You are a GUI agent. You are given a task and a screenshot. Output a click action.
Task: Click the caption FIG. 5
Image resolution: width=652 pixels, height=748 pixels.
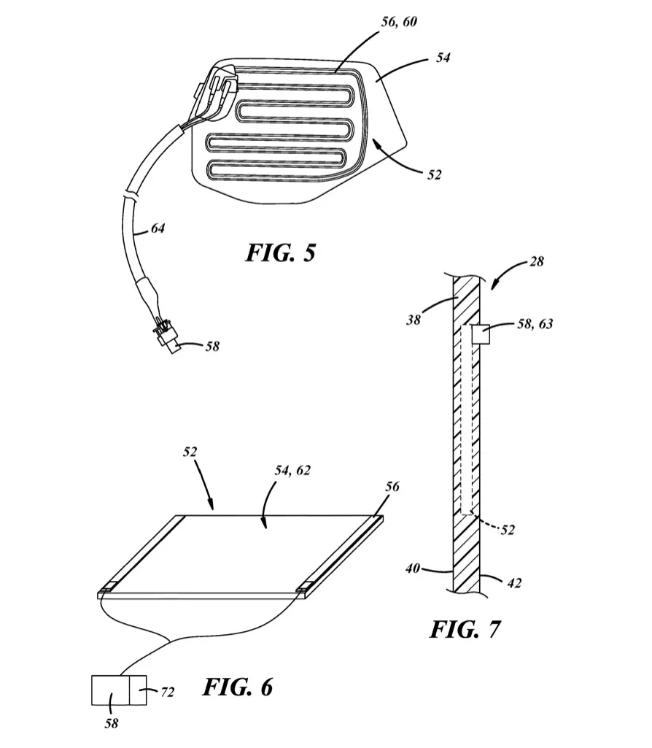pos(280,252)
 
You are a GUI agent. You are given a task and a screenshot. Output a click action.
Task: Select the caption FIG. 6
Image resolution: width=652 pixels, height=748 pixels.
pos(238,687)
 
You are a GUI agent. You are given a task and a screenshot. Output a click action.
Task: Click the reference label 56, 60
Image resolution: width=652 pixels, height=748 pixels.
pos(399,22)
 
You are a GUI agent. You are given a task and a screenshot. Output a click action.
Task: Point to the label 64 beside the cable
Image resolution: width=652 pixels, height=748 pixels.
pos(158,228)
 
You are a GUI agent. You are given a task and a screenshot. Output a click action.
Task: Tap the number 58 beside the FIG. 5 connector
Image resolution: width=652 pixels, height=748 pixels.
pos(212,347)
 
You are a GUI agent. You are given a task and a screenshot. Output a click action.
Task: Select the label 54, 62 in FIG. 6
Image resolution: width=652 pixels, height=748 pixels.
pos(292,471)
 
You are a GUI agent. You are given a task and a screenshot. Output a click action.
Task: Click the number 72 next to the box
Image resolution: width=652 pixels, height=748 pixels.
pos(167,692)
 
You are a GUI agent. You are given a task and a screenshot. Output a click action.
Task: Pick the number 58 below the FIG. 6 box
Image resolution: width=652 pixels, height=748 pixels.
pos(111,724)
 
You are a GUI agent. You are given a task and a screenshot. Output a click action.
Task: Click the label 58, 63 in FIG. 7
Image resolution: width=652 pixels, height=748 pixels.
pos(535,324)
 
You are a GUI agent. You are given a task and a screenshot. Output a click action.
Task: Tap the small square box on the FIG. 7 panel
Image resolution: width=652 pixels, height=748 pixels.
pos(481,334)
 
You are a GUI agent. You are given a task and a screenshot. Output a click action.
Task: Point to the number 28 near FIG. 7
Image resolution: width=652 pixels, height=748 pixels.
pos(537,261)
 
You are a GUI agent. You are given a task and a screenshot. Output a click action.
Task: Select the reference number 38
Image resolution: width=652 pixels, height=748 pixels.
pos(414,320)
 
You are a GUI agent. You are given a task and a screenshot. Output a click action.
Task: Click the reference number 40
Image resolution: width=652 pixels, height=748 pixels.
pos(413,568)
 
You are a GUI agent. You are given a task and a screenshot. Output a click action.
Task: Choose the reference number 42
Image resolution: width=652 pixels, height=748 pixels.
pos(513,583)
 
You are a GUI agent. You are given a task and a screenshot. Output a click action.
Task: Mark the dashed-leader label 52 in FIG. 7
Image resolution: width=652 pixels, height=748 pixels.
pos(508,530)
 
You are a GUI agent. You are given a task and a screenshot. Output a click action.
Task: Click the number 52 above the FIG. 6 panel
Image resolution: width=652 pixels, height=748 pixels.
pos(190,452)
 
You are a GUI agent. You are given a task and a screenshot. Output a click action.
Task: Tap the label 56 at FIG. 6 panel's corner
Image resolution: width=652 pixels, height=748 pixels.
pos(392,487)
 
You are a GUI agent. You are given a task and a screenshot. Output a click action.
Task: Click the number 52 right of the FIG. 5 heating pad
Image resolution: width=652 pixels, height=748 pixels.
pos(434,175)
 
